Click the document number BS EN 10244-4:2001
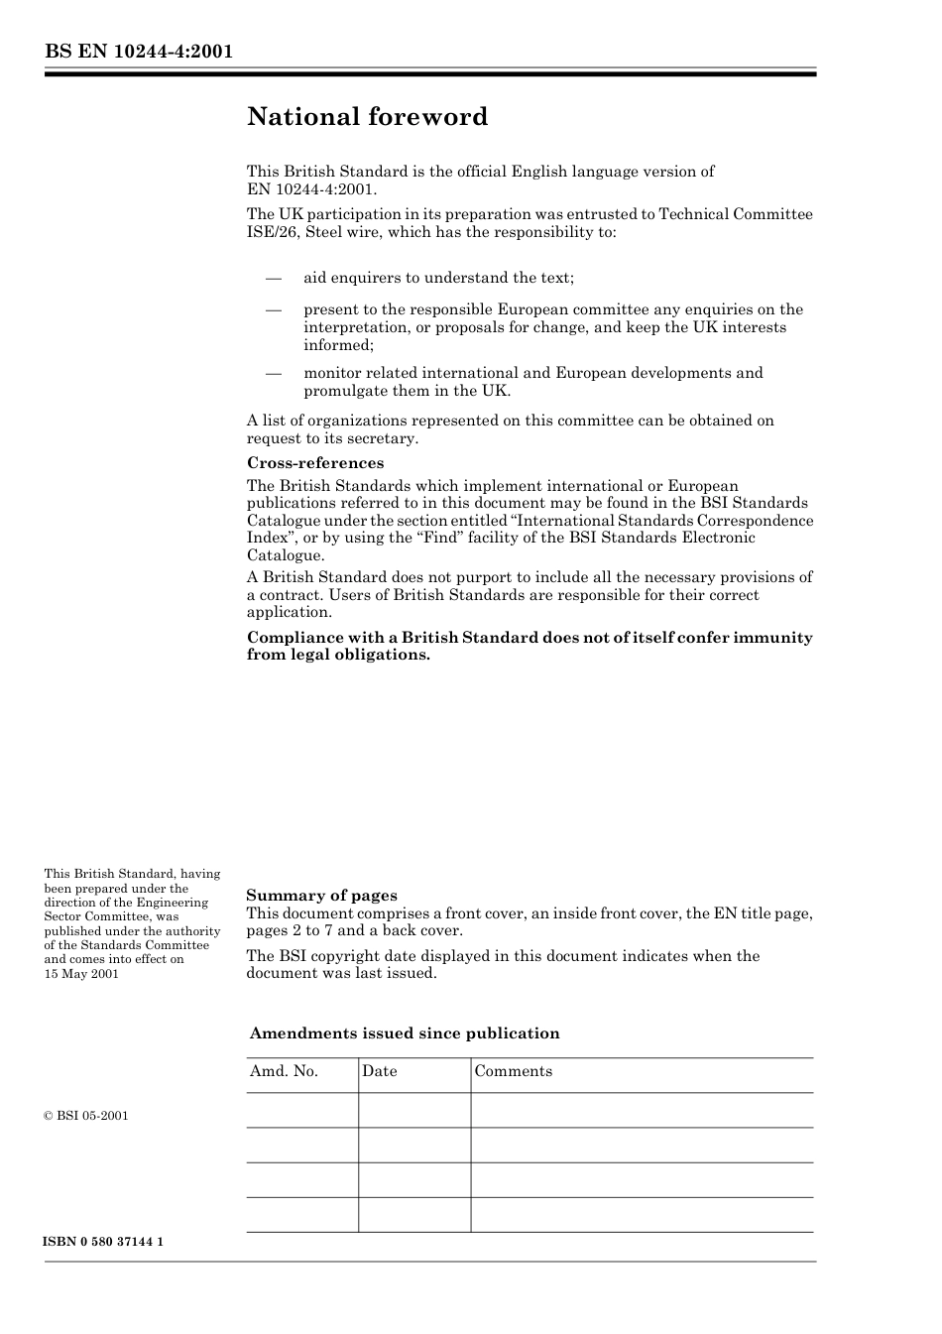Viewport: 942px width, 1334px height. coord(139,52)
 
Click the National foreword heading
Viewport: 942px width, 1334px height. coord(367,117)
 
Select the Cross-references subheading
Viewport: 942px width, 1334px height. coord(314,463)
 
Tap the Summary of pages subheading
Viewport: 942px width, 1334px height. coord(321,896)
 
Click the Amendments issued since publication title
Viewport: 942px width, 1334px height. coord(405,1033)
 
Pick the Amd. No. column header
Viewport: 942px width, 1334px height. coord(284,1071)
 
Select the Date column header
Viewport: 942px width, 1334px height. coord(379,1071)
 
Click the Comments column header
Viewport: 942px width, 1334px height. coord(513,1071)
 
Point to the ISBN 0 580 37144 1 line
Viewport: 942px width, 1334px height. coord(104,1242)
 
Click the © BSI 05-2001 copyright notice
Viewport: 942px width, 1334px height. coord(86,1116)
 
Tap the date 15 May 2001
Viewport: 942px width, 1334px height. coord(81,974)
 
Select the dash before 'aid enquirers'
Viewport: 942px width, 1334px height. coord(274,278)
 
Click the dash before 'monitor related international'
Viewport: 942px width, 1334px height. coord(274,373)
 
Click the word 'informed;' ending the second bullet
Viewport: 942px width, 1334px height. coord(338,345)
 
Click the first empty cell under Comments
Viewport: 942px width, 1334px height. coord(642,1110)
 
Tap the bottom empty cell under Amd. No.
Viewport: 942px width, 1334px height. coord(302,1215)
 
